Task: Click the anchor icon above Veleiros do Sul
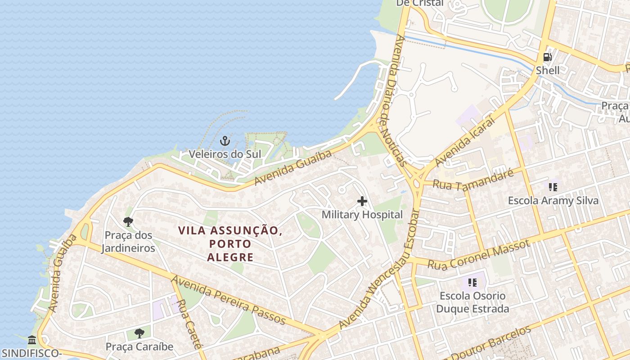pyautogui.click(x=225, y=141)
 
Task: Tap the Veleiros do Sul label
pyautogui.click(x=225, y=154)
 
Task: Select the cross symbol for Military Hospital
pyautogui.click(x=362, y=201)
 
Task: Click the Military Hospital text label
pyautogui.click(x=362, y=215)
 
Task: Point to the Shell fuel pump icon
pyautogui.click(x=548, y=57)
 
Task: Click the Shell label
pyautogui.click(x=548, y=70)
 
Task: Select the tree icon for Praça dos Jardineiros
pyautogui.click(x=128, y=222)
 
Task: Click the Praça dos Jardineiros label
pyautogui.click(x=128, y=242)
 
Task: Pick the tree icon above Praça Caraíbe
pyautogui.click(x=139, y=333)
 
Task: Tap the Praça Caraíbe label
pyautogui.click(x=139, y=346)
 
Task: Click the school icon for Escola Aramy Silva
pyautogui.click(x=553, y=187)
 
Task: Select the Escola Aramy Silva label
pyautogui.click(x=553, y=200)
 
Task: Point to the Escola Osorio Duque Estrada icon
pyautogui.click(x=472, y=283)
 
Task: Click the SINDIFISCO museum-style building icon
pyautogui.click(x=31, y=340)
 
